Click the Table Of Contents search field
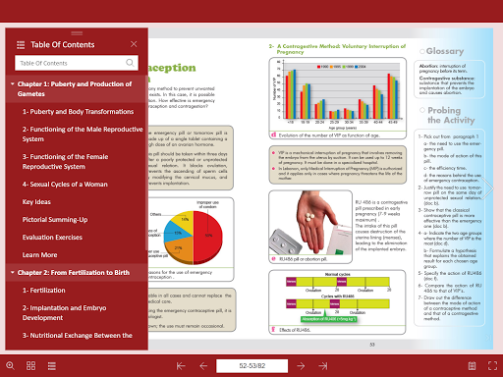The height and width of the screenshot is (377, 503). pyautogui.click(x=69, y=63)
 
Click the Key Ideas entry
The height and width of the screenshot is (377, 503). pyautogui.click(x=36, y=201)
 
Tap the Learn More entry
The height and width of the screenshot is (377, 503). pyautogui.click(x=39, y=254)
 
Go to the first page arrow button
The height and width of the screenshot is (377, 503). pyautogui.click(x=180, y=365)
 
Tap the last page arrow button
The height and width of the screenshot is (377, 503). pyautogui.click(x=322, y=365)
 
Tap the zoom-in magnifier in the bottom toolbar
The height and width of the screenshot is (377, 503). pyautogui.click(x=10, y=365)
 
